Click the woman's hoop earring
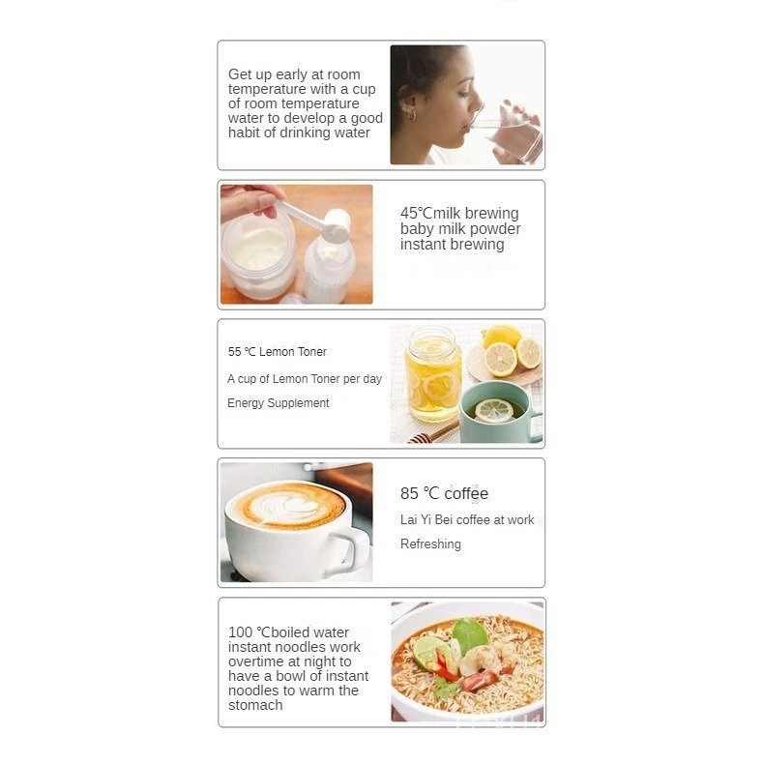point(411,115)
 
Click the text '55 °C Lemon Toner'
point(277,352)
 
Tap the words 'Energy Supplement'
point(278,403)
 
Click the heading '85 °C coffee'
point(444,493)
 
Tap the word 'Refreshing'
point(430,544)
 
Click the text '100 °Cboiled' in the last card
point(274,632)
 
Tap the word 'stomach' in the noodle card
point(255,705)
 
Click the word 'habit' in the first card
point(244,132)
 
